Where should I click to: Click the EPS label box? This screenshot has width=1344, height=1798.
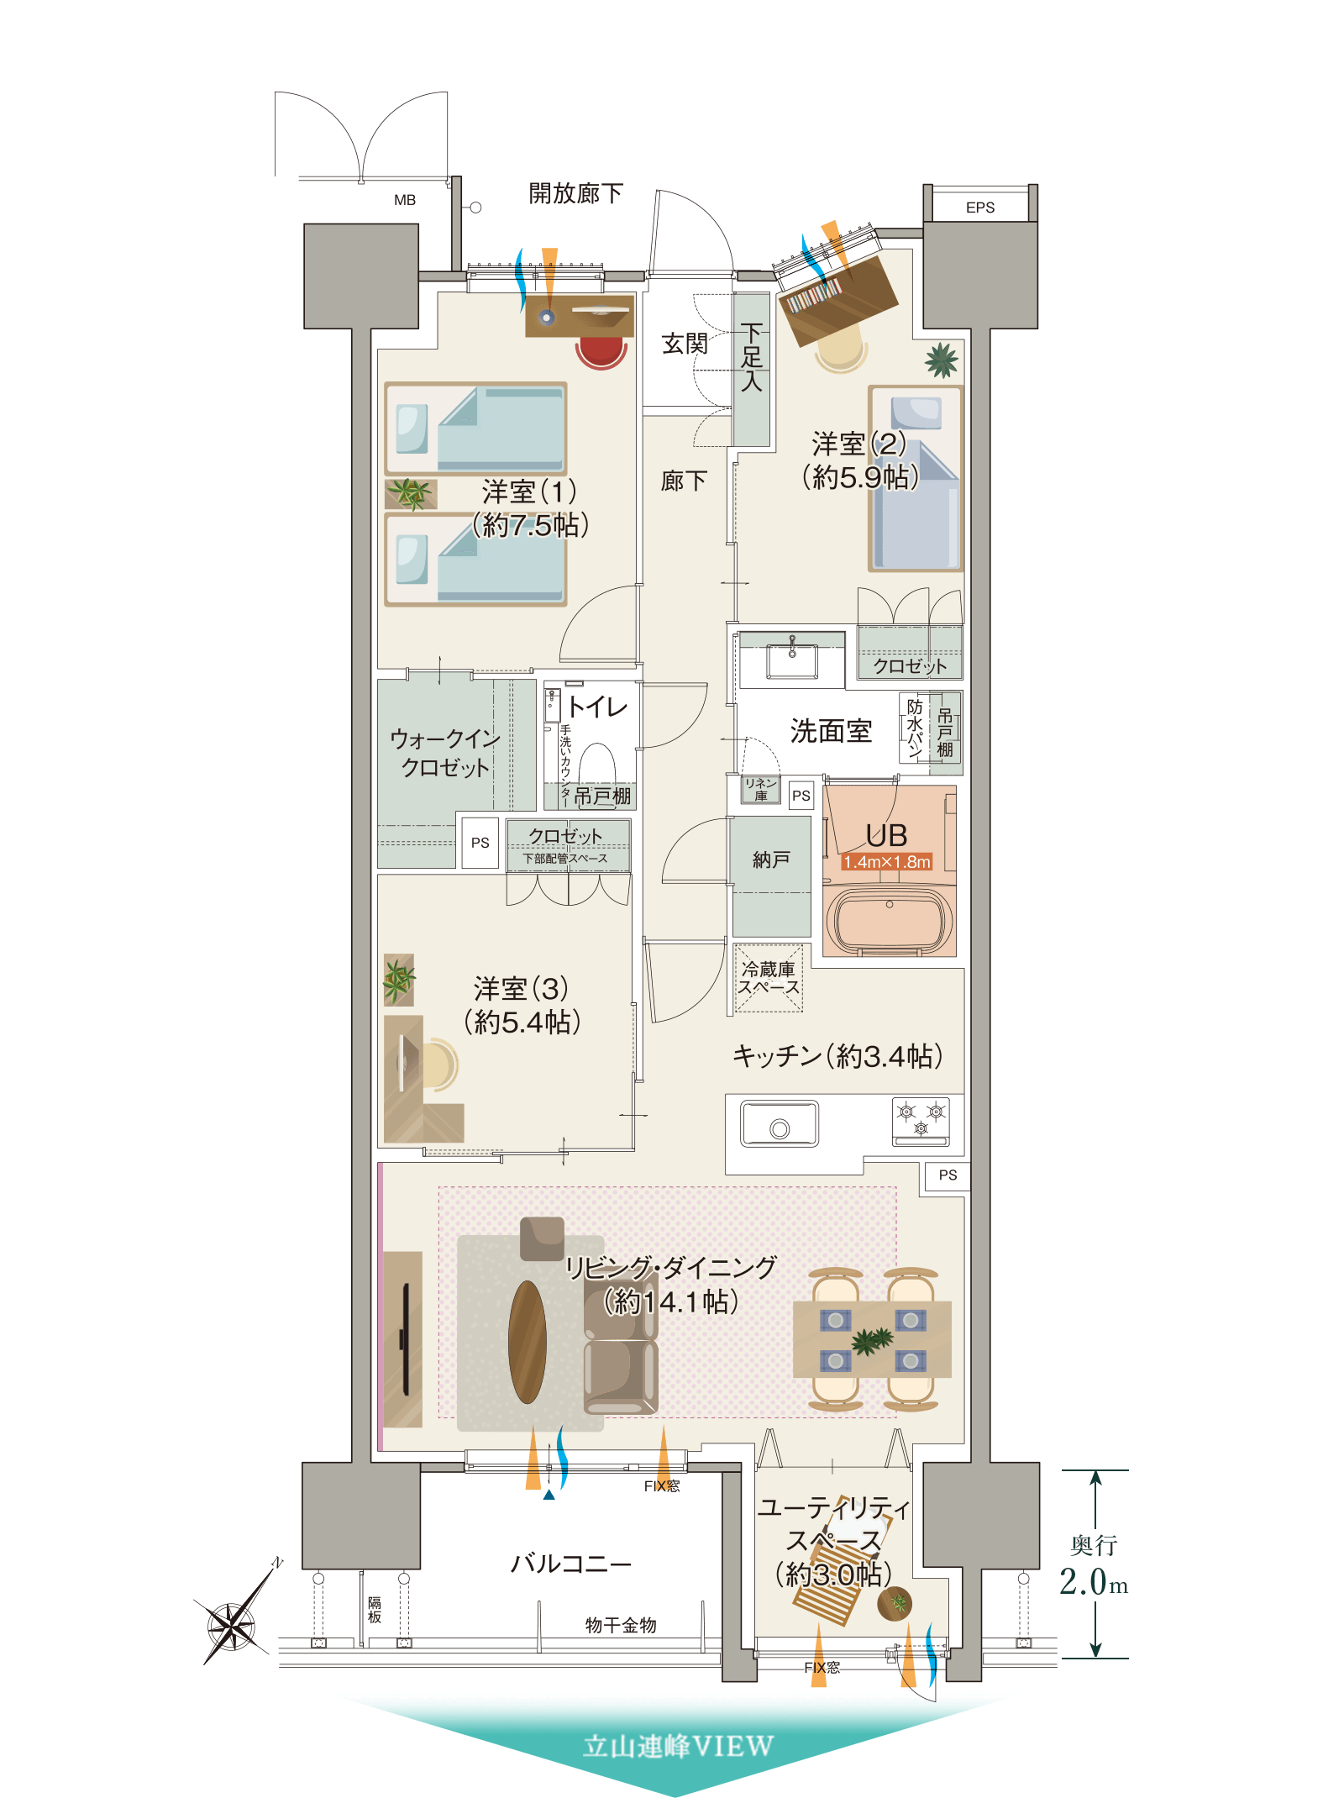[980, 207]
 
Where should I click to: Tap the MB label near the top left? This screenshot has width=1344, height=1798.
[405, 200]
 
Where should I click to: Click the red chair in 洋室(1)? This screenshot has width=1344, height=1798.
[601, 352]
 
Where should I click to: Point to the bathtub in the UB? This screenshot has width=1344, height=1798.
[890, 920]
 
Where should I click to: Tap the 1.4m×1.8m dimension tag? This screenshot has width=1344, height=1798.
[887, 862]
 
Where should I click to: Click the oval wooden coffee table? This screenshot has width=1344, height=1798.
[528, 1342]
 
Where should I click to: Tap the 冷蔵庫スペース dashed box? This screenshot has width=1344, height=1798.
[769, 978]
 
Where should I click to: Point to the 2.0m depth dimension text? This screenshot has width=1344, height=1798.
[1093, 1582]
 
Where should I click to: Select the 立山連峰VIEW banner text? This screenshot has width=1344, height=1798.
[678, 1746]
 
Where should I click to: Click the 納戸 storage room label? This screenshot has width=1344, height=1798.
[771, 860]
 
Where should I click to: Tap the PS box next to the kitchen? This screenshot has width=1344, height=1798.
[948, 1175]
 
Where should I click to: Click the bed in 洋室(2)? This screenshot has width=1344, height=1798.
[916, 478]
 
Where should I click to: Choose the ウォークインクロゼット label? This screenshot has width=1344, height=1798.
[445, 753]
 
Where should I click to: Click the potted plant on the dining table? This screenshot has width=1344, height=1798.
[872, 1340]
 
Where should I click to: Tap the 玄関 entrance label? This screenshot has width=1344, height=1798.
[685, 344]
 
